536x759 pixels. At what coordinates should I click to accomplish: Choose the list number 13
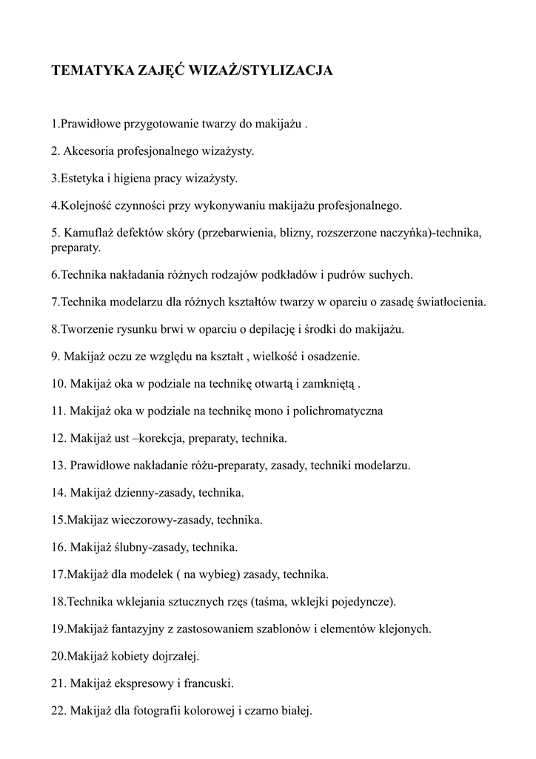(x=58, y=465)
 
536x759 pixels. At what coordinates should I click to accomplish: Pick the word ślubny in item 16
(x=131, y=548)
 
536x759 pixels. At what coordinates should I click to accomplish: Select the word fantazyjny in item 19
(x=139, y=629)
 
